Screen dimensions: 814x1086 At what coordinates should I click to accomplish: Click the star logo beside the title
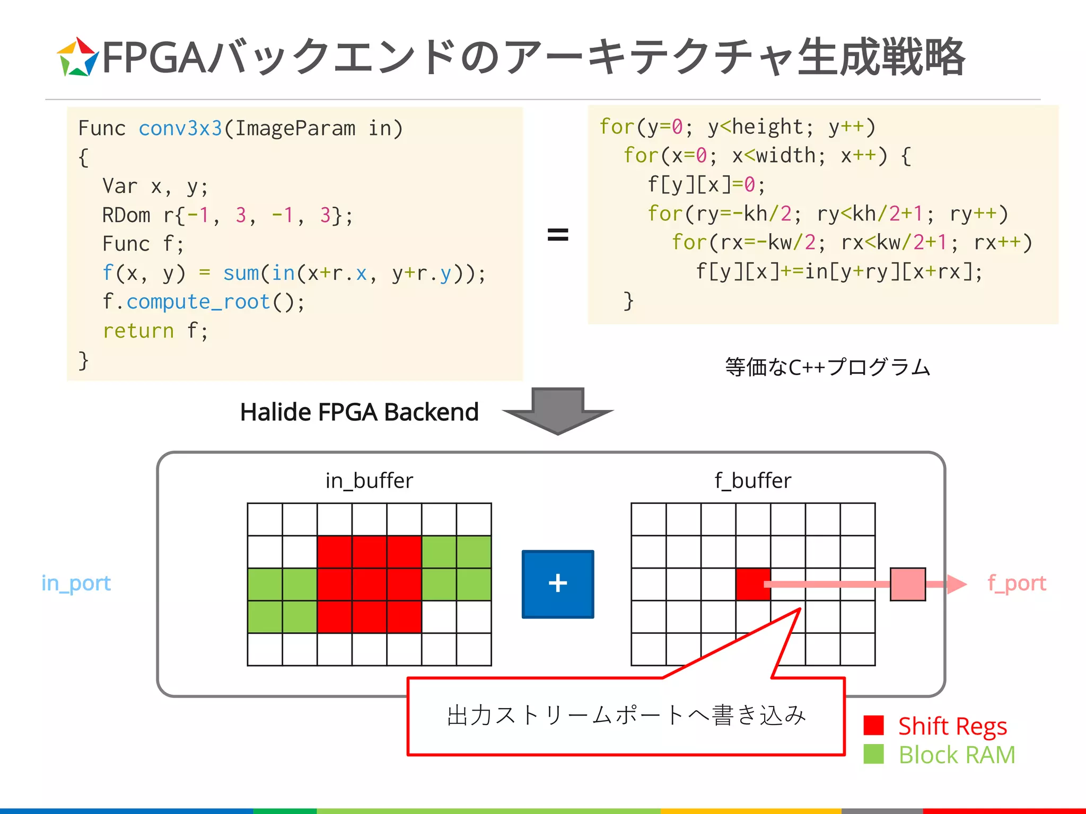coord(77,57)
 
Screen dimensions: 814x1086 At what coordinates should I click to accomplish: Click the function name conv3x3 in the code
coord(180,129)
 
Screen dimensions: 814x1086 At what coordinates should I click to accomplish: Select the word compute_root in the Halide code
coord(198,302)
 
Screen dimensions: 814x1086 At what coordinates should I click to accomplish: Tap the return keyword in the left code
coord(138,331)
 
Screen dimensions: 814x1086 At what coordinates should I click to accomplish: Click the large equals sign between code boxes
coord(557,234)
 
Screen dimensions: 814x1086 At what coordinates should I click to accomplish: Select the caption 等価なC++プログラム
coord(827,367)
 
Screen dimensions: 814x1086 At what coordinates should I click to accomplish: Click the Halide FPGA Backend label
coord(359,412)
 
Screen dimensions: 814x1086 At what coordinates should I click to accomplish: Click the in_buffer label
coord(369,481)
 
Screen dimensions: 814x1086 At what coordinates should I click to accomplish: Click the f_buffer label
coord(752,481)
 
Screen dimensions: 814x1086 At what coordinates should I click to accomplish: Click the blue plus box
coord(557,584)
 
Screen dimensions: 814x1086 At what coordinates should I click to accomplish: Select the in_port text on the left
coord(76,583)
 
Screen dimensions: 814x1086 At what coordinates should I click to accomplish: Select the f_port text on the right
coord(1017,583)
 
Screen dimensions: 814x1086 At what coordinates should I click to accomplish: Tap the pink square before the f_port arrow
coord(907,584)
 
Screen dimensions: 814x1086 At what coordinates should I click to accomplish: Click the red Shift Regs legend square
coord(873,725)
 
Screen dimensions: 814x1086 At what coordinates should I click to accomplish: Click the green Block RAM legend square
coord(873,754)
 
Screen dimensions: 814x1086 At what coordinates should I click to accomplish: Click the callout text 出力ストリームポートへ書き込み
coord(626,715)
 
